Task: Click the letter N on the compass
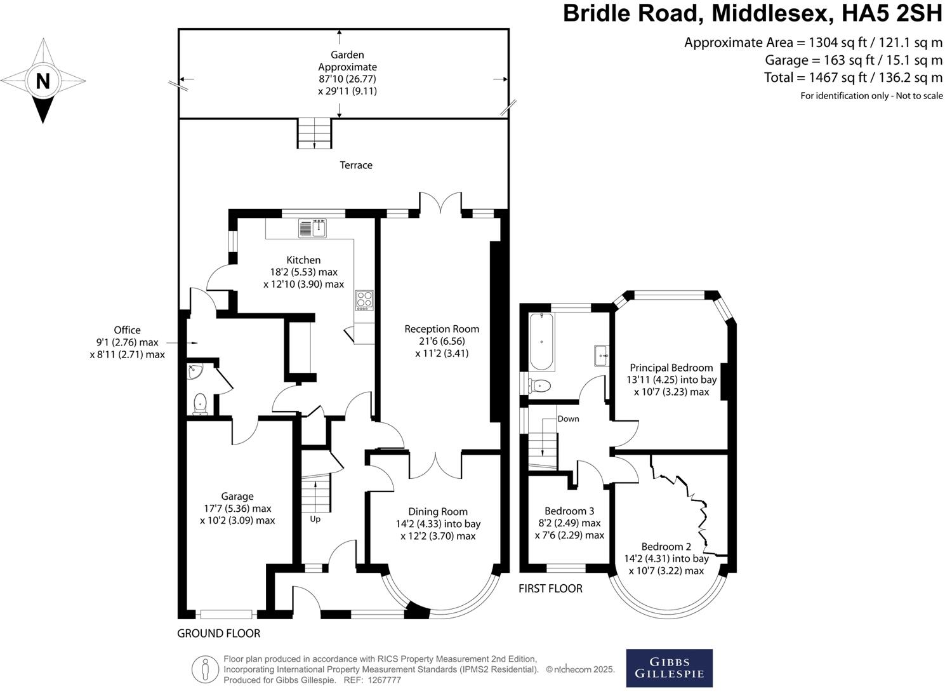pos(43,81)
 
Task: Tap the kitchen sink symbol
pos(312,227)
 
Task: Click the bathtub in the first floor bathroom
pos(541,342)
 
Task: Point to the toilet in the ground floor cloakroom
pos(201,403)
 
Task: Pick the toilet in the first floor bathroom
pos(541,385)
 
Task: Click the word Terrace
pos(356,165)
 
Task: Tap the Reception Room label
pos(442,329)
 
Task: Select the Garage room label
pos(237,496)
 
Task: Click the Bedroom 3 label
pos(569,511)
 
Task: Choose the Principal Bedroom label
pos(671,368)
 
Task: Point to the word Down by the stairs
pos(568,419)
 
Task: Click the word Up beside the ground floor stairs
pos(315,519)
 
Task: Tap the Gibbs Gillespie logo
pos(669,668)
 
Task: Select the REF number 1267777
pos(380,680)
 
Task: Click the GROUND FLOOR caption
pos(218,633)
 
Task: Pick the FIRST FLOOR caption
pos(550,589)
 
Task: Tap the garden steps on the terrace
pos(315,133)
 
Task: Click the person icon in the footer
pos(205,669)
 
